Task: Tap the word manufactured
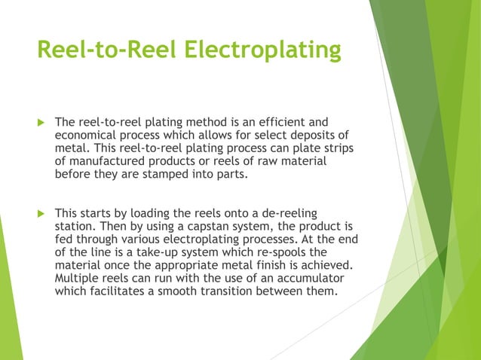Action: (x=106, y=163)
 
